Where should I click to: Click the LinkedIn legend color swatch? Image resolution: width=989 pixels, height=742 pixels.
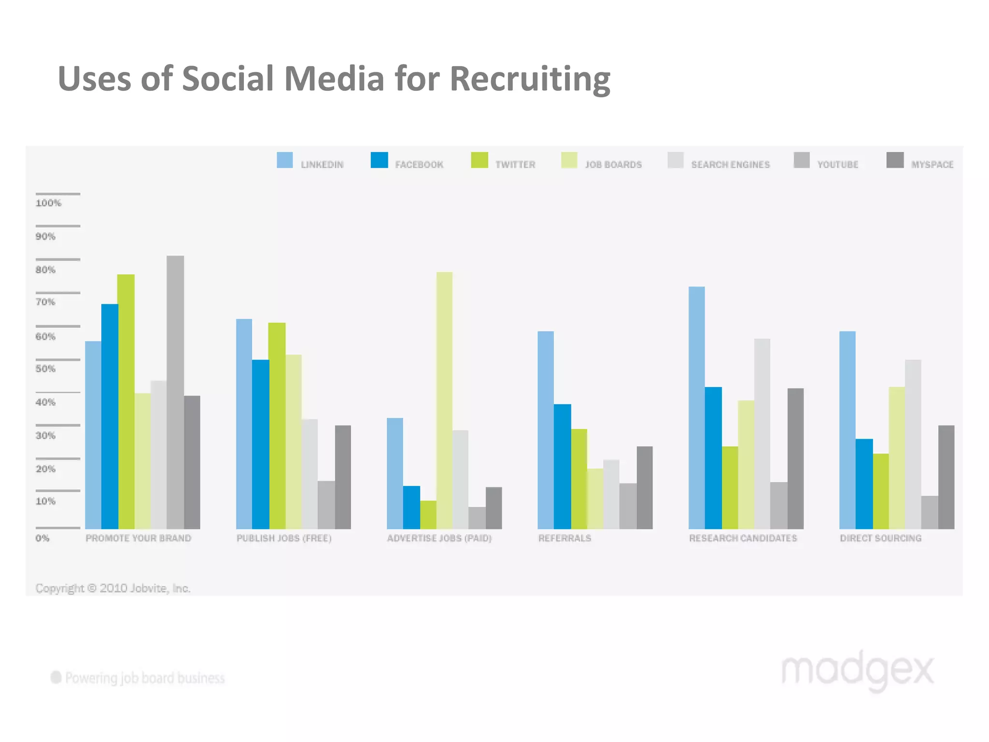(x=284, y=160)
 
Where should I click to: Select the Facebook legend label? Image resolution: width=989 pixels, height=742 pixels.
(x=419, y=165)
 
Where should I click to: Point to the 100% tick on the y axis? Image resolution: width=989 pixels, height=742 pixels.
(x=48, y=203)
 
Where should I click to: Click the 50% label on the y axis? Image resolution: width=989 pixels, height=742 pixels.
(x=45, y=369)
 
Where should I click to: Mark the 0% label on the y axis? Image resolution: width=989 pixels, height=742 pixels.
(x=42, y=538)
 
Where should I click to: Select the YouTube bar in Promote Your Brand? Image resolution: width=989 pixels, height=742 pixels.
(x=175, y=391)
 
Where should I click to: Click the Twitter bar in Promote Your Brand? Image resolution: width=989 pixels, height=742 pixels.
(x=126, y=401)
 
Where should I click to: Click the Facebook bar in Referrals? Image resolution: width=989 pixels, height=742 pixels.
(x=562, y=466)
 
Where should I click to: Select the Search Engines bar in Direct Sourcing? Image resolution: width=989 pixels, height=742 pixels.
(x=913, y=444)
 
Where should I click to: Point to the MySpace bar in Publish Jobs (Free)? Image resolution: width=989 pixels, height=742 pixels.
(x=343, y=477)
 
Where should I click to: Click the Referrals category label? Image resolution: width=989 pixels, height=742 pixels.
(x=565, y=538)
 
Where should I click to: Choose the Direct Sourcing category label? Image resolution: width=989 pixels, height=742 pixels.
(x=880, y=538)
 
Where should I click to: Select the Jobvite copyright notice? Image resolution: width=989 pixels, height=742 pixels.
(x=113, y=588)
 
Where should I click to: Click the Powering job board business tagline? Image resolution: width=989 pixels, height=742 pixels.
(x=144, y=678)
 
